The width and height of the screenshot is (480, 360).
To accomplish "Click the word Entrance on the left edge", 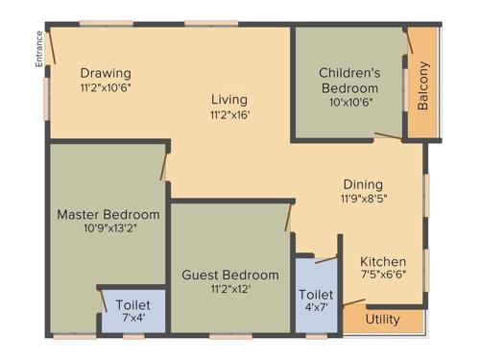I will pyautogui.click(x=39, y=49).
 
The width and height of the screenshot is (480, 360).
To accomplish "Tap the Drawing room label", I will pyautogui.click(x=106, y=73).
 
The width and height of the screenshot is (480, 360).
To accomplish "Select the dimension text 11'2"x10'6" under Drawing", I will pyautogui.click(x=106, y=87).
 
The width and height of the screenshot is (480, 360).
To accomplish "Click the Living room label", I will pyautogui.click(x=229, y=99).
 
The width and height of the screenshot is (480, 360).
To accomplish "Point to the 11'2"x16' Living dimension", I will pyautogui.click(x=229, y=114).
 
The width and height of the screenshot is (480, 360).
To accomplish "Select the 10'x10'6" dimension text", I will pyautogui.click(x=349, y=102).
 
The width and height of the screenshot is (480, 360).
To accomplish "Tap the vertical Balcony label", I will pyautogui.click(x=423, y=87).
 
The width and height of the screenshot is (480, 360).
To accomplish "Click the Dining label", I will pyautogui.click(x=363, y=184).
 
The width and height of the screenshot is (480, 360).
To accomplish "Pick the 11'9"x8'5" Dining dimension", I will pyautogui.click(x=363, y=199).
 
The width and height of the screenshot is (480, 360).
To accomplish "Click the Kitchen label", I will pyautogui.click(x=383, y=261).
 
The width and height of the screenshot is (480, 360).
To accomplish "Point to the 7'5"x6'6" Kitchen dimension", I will pyautogui.click(x=383, y=276).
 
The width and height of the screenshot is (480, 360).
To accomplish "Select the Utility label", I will pyautogui.click(x=383, y=319).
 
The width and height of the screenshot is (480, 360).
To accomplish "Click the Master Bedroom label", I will pyautogui.click(x=108, y=213).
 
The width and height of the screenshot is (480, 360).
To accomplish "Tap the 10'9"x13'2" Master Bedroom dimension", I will pyautogui.click(x=108, y=228).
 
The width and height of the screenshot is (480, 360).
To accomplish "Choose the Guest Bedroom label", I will pyautogui.click(x=230, y=275).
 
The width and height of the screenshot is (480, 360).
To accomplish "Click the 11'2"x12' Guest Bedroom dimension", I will pyautogui.click(x=230, y=289).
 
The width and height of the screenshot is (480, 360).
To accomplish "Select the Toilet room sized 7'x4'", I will pyautogui.click(x=132, y=310).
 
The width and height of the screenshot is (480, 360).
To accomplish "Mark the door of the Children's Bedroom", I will pyautogui.click(x=388, y=137).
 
